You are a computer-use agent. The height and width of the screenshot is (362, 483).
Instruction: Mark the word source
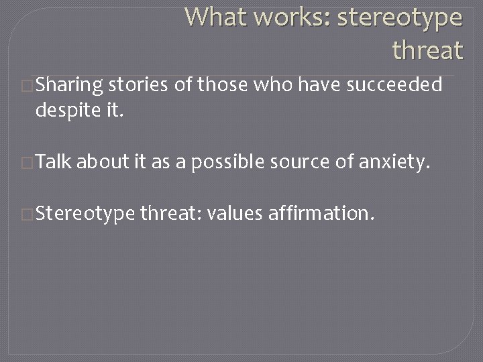296,161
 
